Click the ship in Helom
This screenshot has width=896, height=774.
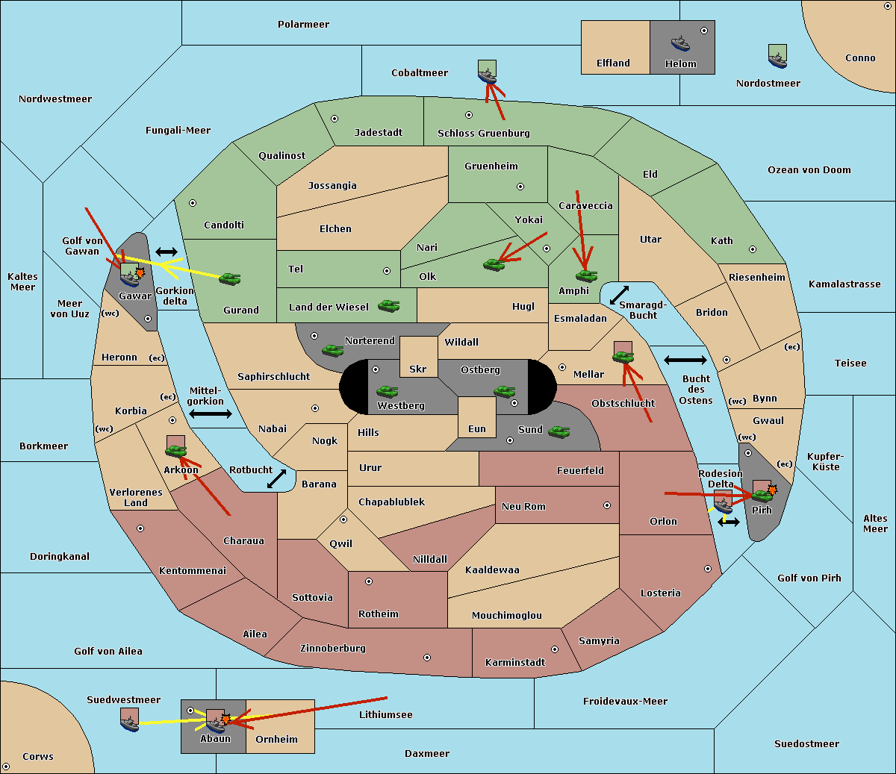(680, 44)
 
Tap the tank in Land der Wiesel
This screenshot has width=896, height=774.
(388, 306)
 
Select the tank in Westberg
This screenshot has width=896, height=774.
(387, 392)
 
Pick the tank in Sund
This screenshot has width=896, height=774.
(559, 431)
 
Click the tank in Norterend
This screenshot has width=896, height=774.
(332, 350)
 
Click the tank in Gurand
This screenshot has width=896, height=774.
(229, 278)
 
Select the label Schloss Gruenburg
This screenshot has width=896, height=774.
(484, 133)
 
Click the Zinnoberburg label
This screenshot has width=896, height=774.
(333, 649)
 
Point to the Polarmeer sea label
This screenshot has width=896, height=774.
(303, 25)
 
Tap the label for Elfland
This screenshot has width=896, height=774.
(613, 63)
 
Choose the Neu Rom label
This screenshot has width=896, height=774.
(523, 506)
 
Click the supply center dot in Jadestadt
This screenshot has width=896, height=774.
(335, 119)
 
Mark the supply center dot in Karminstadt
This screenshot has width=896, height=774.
(555, 649)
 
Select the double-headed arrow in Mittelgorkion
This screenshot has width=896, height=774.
(211, 413)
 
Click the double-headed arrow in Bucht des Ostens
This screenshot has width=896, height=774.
(685, 360)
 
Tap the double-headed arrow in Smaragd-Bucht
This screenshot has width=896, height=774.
(619, 295)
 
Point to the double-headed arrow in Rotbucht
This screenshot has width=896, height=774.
(276, 479)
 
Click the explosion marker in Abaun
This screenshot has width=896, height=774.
(225, 720)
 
